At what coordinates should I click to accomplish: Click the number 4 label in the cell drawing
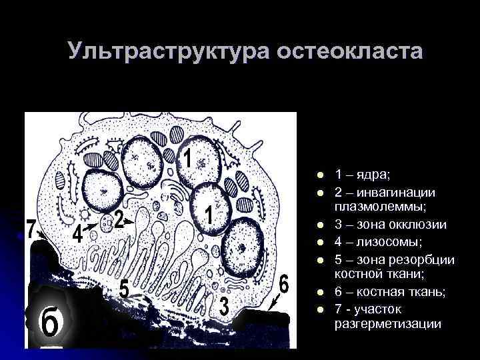pos(78,234)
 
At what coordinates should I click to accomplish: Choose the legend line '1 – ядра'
pos(363,175)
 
